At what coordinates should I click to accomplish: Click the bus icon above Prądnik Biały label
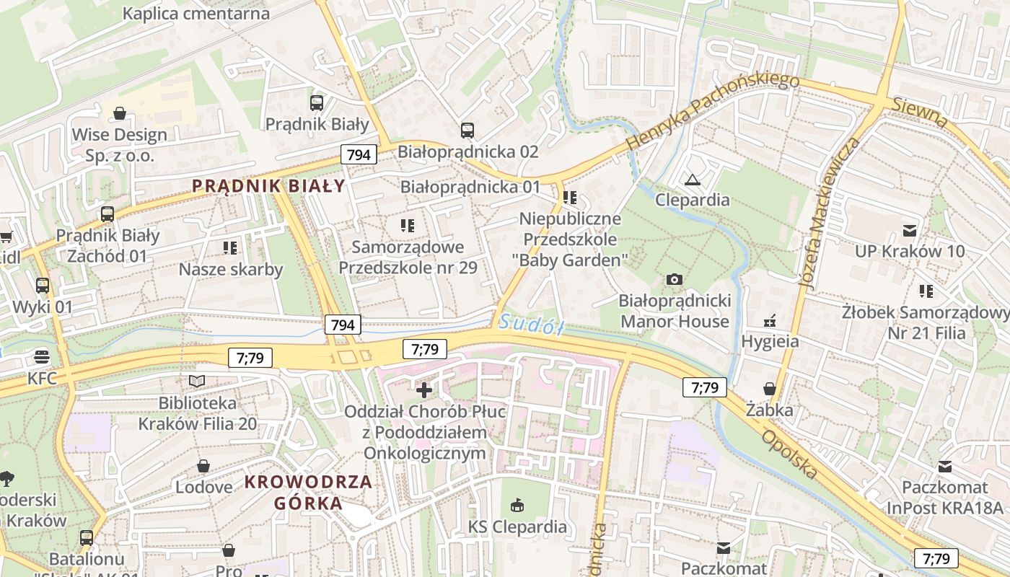tap(316, 103)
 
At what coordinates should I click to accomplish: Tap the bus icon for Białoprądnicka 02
tap(467, 131)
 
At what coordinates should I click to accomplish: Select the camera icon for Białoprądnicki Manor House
tap(675, 279)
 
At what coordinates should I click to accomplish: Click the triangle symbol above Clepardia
tap(693, 180)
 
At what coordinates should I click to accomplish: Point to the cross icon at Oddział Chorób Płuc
tap(424, 390)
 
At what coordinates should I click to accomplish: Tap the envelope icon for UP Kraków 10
tap(910, 231)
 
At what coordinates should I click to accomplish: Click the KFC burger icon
tap(42, 357)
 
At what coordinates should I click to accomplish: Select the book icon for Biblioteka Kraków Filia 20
tap(197, 381)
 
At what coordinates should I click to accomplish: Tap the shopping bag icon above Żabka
tap(770, 389)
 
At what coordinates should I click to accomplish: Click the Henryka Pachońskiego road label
tap(712, 111)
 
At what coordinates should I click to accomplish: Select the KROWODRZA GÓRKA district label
tap(308, 492)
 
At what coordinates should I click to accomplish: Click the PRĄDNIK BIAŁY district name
tap(269, 186)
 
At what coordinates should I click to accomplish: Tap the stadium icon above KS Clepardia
tap(517, 506)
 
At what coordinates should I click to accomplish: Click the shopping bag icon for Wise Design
tap(120, 113)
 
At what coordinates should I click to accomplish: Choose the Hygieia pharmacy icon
tap(770, 320)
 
